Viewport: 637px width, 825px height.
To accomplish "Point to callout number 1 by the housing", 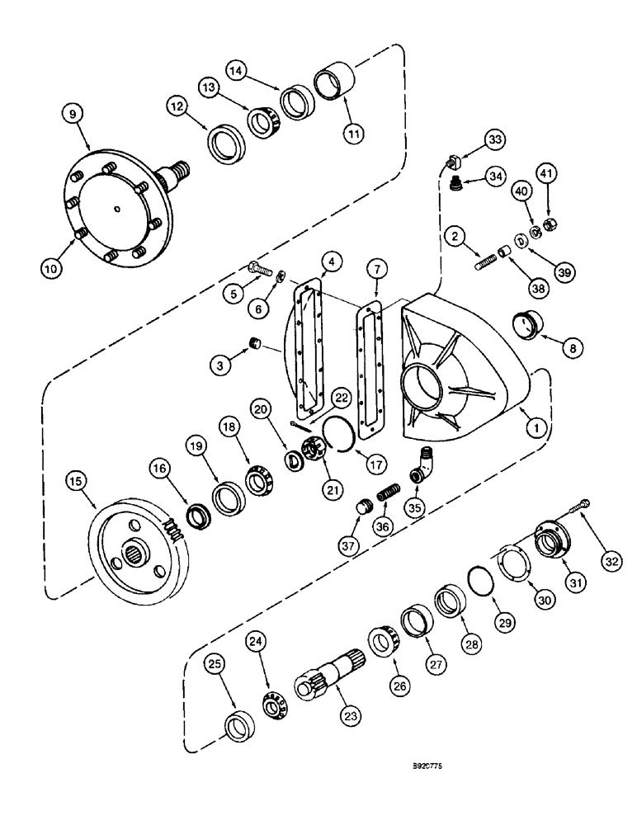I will point(536,428).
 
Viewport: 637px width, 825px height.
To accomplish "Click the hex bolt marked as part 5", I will point(257,269).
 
